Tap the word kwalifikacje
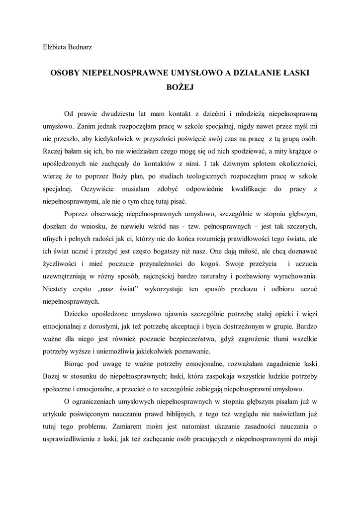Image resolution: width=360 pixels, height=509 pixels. click(x=252, y=188)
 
